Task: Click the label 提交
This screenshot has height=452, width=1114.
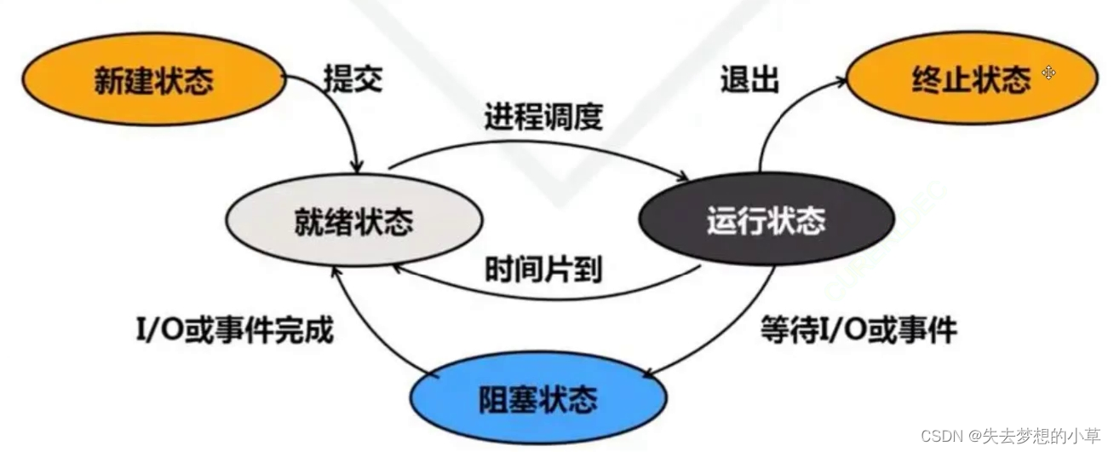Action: pos(353,78)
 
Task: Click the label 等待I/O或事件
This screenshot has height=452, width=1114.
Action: pos(858,328)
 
